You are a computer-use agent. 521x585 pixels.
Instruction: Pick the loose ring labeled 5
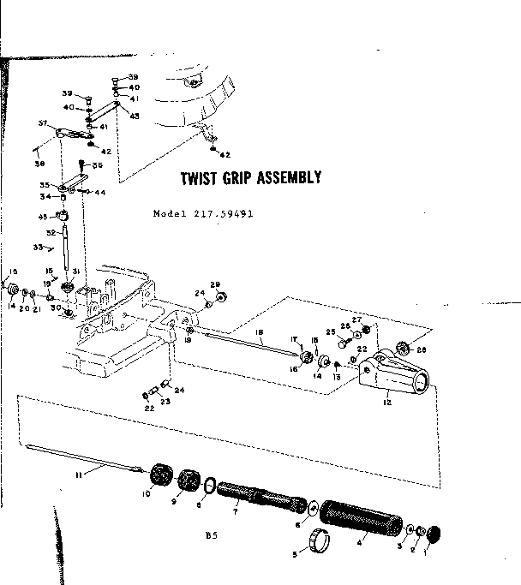(320, 543)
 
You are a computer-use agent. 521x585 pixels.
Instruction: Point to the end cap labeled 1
(434, 533)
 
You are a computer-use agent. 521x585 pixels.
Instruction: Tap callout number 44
(100, 193)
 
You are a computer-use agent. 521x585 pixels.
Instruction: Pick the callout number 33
(37, 247)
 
